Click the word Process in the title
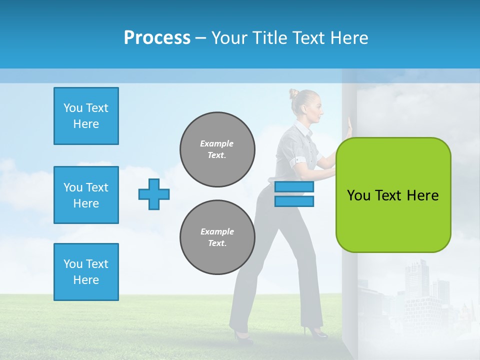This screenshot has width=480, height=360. pos(157,38)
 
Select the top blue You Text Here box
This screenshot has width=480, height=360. pos(86,116)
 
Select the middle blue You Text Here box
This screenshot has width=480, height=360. pos(86,195)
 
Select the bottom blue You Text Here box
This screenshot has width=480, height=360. pos(86,272)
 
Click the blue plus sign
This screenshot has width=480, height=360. pos(154,194)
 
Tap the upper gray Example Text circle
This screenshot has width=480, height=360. pos(217,149)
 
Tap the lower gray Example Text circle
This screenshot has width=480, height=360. pos(217,237)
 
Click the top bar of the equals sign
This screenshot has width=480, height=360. pos(294,186)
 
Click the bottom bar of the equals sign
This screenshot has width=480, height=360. pos(294,201)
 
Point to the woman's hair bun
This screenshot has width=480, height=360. pos(293,93)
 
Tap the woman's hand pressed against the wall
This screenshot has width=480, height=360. pos(349,125)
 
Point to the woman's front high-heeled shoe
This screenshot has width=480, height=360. pos(315,332)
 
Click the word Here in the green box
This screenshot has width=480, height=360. pos(422,195)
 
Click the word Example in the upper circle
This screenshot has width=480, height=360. pos(217,143)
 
